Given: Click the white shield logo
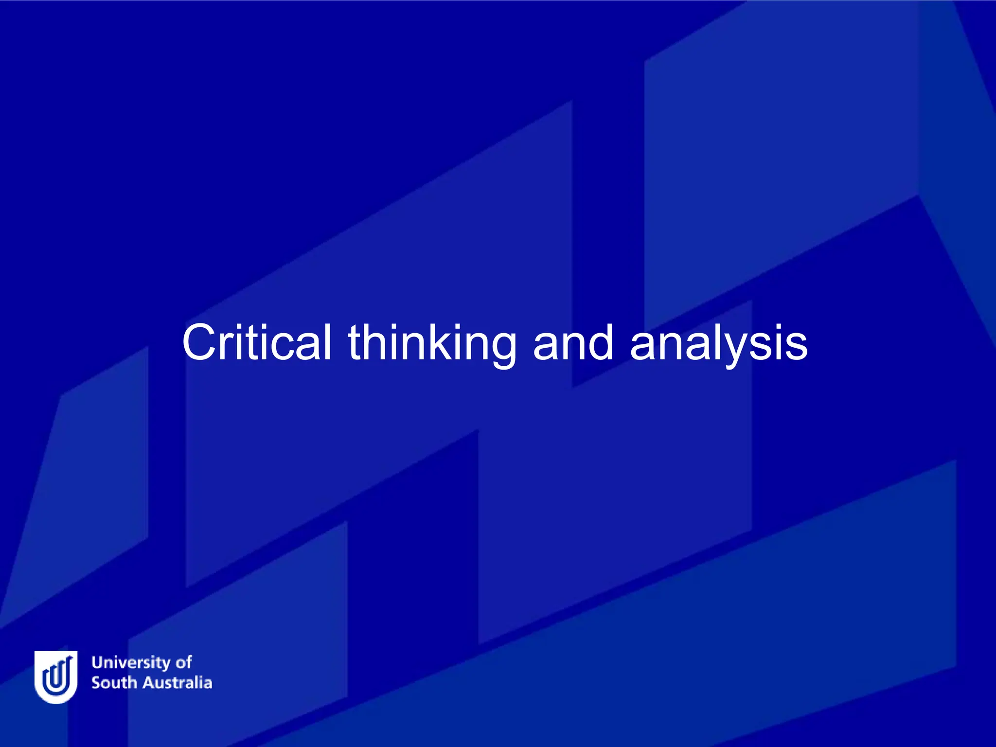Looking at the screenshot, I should coord(56,676).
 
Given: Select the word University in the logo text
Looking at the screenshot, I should coord(131,663).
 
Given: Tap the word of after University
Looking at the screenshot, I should coord(184,662).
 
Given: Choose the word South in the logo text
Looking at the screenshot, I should coord(114,683).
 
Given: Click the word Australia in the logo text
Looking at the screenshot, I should coord(177,683).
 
